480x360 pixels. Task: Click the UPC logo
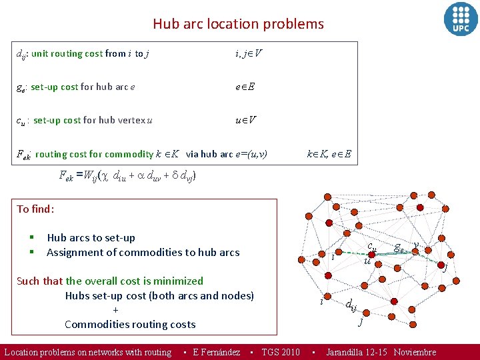(461, 19)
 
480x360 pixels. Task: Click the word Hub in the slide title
(165, 24)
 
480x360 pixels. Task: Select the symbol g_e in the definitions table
(22, 87)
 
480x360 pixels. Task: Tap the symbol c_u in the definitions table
(22, 121)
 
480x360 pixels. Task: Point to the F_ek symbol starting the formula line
(66, 177)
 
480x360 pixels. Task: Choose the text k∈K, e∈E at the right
(329, 154)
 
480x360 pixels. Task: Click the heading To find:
(35, 209)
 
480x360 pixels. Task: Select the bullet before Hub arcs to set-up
(31, 238)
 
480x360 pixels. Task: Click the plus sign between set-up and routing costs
(116, 310)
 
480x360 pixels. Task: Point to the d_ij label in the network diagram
(351, 305)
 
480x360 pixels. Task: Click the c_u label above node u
(372, 245)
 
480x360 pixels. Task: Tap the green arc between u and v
(393, 253)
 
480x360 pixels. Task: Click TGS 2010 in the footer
(280, 352)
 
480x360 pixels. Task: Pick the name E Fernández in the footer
(216, 352)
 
